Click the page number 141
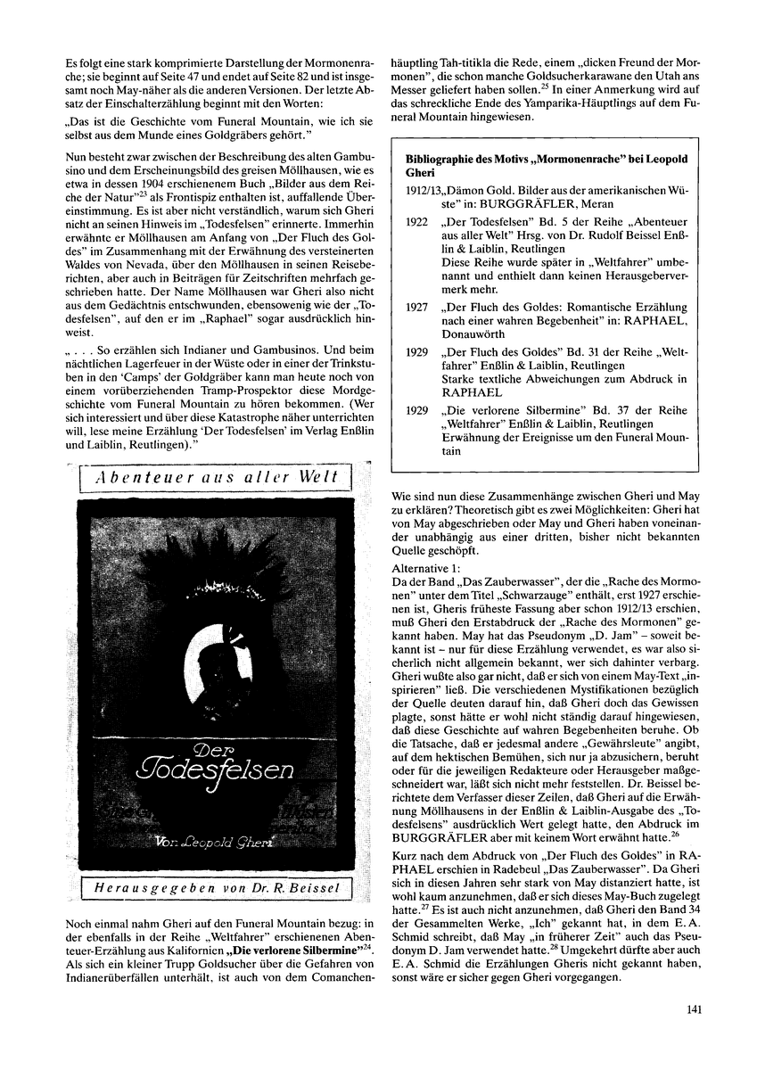697,1010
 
